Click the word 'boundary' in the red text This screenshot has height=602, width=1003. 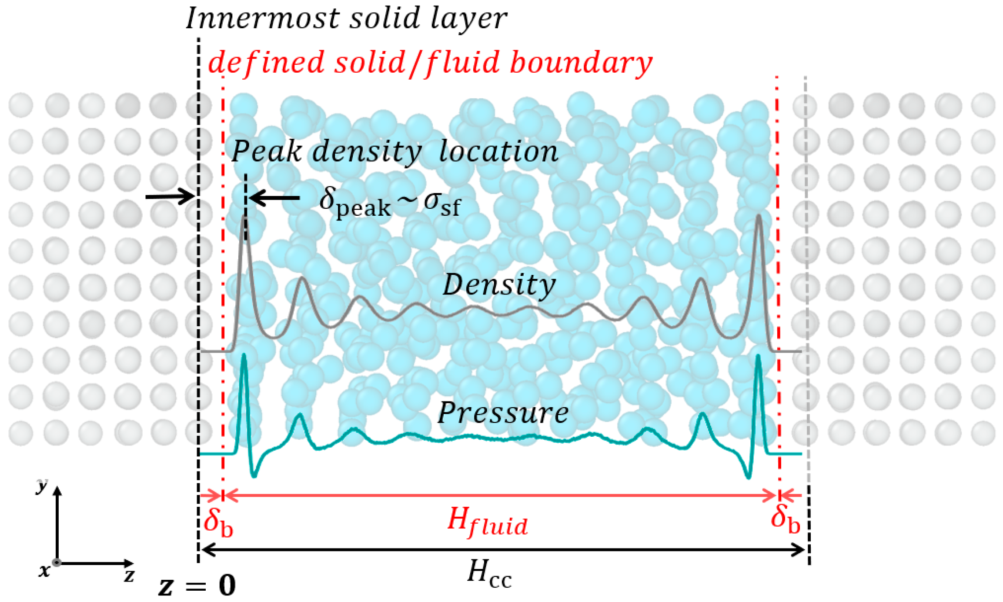click(x=581, y=63)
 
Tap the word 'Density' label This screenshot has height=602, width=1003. click(x=499, y=285)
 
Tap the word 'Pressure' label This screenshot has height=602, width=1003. click(x=502, y=412)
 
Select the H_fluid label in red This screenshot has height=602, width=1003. click(x=487, y=522)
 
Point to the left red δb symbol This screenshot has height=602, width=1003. click(x=217, y=522)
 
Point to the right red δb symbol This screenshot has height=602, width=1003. click(x=785, y=520)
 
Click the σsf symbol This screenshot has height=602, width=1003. click(x=442, y=204)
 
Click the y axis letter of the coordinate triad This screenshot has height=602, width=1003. click(x=41, y=485)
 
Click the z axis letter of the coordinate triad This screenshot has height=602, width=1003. click(x=129, y=575)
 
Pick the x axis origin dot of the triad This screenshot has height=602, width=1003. click(x=57, y=562)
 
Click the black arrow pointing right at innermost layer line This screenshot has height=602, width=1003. click(x=170, y=197)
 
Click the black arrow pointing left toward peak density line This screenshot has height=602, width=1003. click(x=274, y=198)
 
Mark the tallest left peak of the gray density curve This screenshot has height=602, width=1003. click(x=245, y=217)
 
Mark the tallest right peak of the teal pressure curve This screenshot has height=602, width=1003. click(x=758, y=357)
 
